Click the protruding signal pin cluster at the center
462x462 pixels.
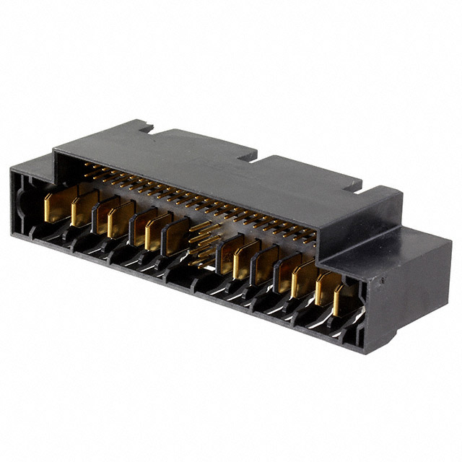(204, 242)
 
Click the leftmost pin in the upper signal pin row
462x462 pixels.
(87, 167)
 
